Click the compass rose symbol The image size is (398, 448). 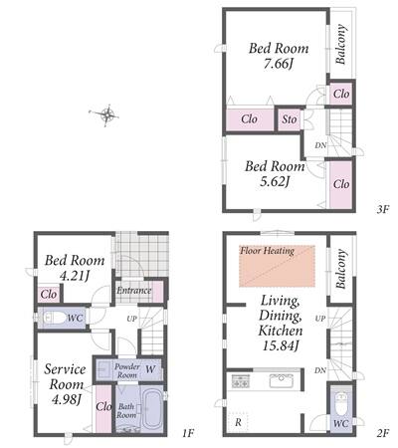point(105,114)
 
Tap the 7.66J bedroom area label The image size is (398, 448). point(279,64)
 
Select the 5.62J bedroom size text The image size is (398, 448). point(275,181)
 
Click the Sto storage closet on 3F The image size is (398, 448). point(290,119)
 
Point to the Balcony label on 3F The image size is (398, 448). point(340,44)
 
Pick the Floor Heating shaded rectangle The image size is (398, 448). point(277,266)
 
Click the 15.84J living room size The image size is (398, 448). point(281,345)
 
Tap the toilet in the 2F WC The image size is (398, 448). point(341,403)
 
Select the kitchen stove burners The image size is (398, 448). point(240,381)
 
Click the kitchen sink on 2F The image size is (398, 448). point(282,380)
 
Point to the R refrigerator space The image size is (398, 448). point(238,422)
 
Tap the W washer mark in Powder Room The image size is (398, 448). point(150,369)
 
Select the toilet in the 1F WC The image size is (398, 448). point(55,319)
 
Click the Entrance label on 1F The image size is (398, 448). point(133,291)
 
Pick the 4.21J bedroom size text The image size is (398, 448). point(75,276)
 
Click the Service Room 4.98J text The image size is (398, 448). point(66,384)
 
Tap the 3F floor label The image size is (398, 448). point(382,209)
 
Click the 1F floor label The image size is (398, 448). point(188,433)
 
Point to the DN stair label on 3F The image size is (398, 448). point(320,145)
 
